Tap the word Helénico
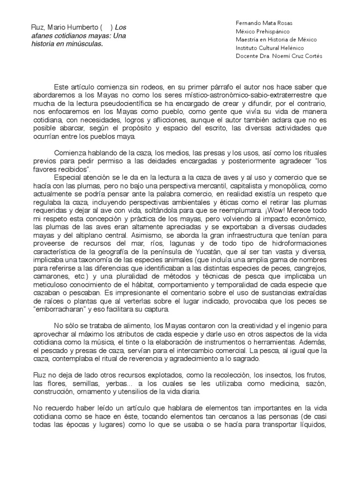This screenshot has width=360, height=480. (290, 48)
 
